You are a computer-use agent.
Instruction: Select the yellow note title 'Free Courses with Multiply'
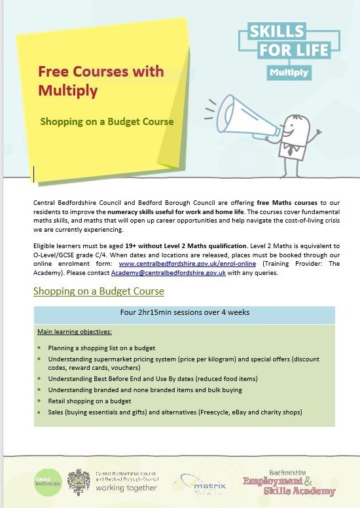pyautogui.click(x=77, y=80)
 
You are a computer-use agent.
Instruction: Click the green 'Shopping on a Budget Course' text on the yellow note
pyautogui.click(x=107, y=122)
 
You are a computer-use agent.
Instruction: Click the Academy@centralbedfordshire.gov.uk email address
pyautogui.click(x=168, y=272)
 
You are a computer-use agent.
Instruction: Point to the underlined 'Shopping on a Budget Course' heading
pyautogui.click(x=98, y=291)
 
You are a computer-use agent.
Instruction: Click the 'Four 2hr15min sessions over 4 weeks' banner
pyautogui.click(x=184, y=312)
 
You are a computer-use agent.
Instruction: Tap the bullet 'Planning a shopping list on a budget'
pyautogui.click(x=101, y=348)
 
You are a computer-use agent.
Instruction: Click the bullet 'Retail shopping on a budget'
pyautogui.click(x=89, y=400)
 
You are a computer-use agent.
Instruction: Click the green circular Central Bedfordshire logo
pyautogui.click(x=48, y=482)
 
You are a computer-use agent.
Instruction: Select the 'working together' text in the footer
pyautogui.click(x=126, y=488)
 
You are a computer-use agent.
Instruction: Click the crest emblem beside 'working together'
pyautogui.click(x=79, y=482)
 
